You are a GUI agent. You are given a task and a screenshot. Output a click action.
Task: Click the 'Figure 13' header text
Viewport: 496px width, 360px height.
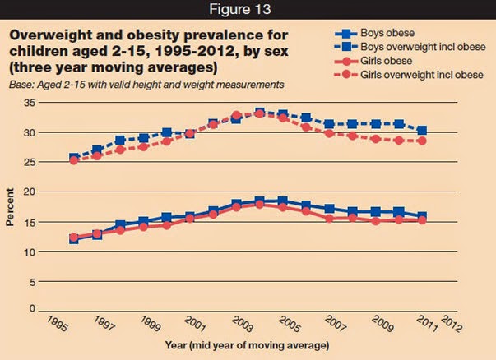click(x=248, y=11)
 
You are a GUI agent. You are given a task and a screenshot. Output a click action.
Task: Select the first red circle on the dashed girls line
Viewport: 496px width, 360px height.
click(x=74, y=160)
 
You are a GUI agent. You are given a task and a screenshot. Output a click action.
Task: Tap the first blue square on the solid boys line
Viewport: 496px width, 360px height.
click(x=74, y=239)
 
